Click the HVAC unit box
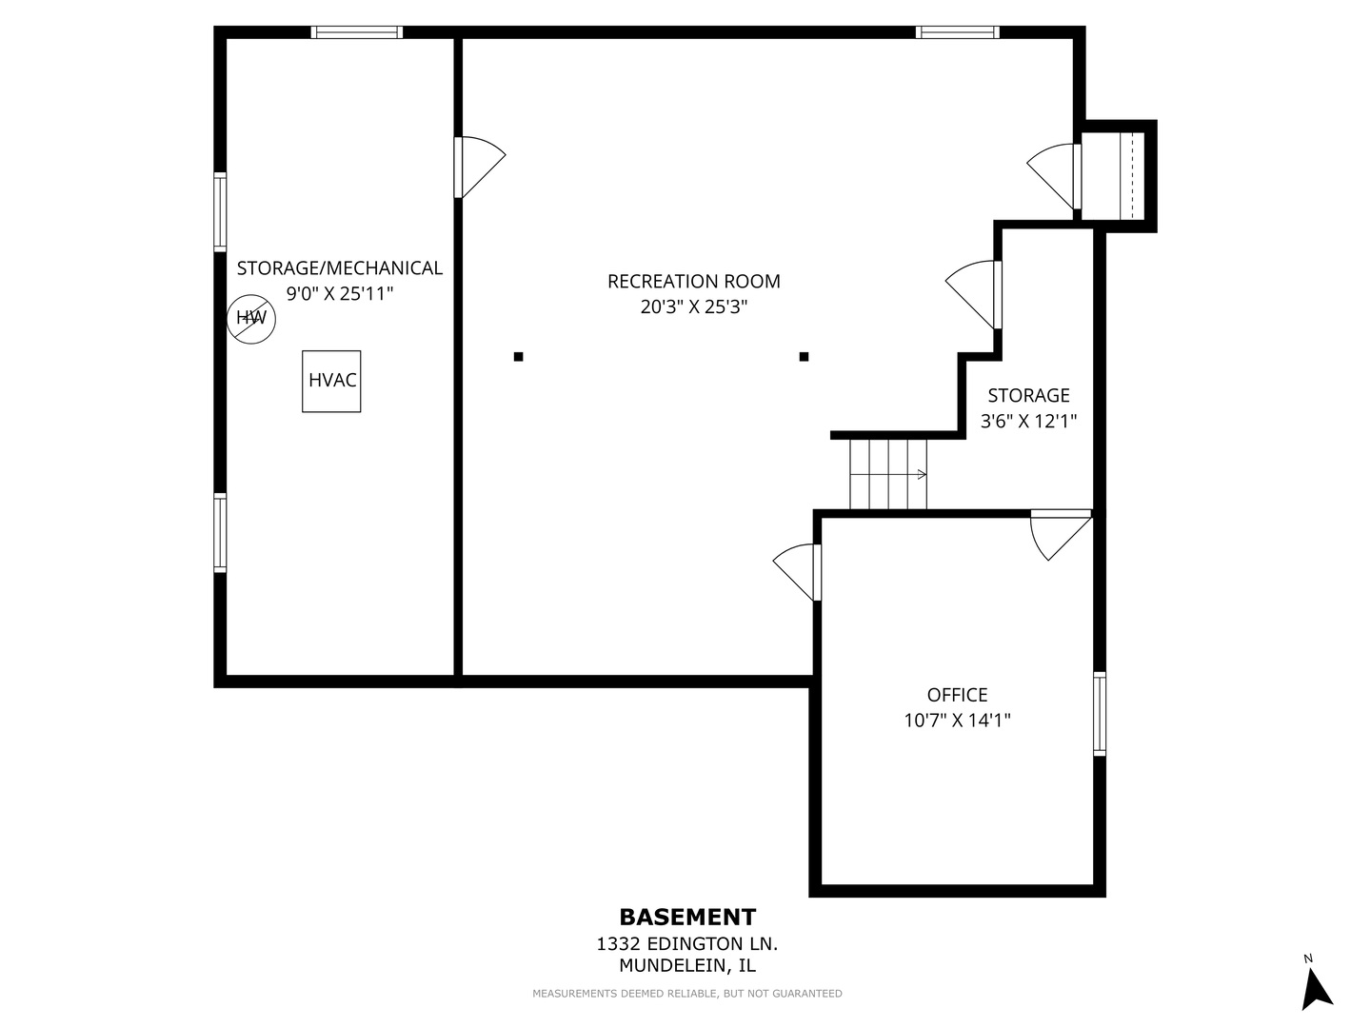coord(331,381)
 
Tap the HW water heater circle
coord(251,319)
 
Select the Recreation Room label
coord(693,282)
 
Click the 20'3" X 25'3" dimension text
coord(693,307)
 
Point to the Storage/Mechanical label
coord(339,268)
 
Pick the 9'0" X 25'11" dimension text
coord(339,294)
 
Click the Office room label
coord(957,695)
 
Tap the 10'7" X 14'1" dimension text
coord(957,721)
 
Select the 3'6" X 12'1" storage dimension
coord(1028,421)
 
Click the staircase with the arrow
coord(888,474)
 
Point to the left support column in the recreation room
coord(519,357)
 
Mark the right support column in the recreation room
coord(804,357)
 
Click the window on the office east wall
coord(1100,713)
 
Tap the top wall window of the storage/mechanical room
coord(357,32)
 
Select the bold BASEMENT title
coord(687,917)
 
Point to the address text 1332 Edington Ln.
coord(687,944)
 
